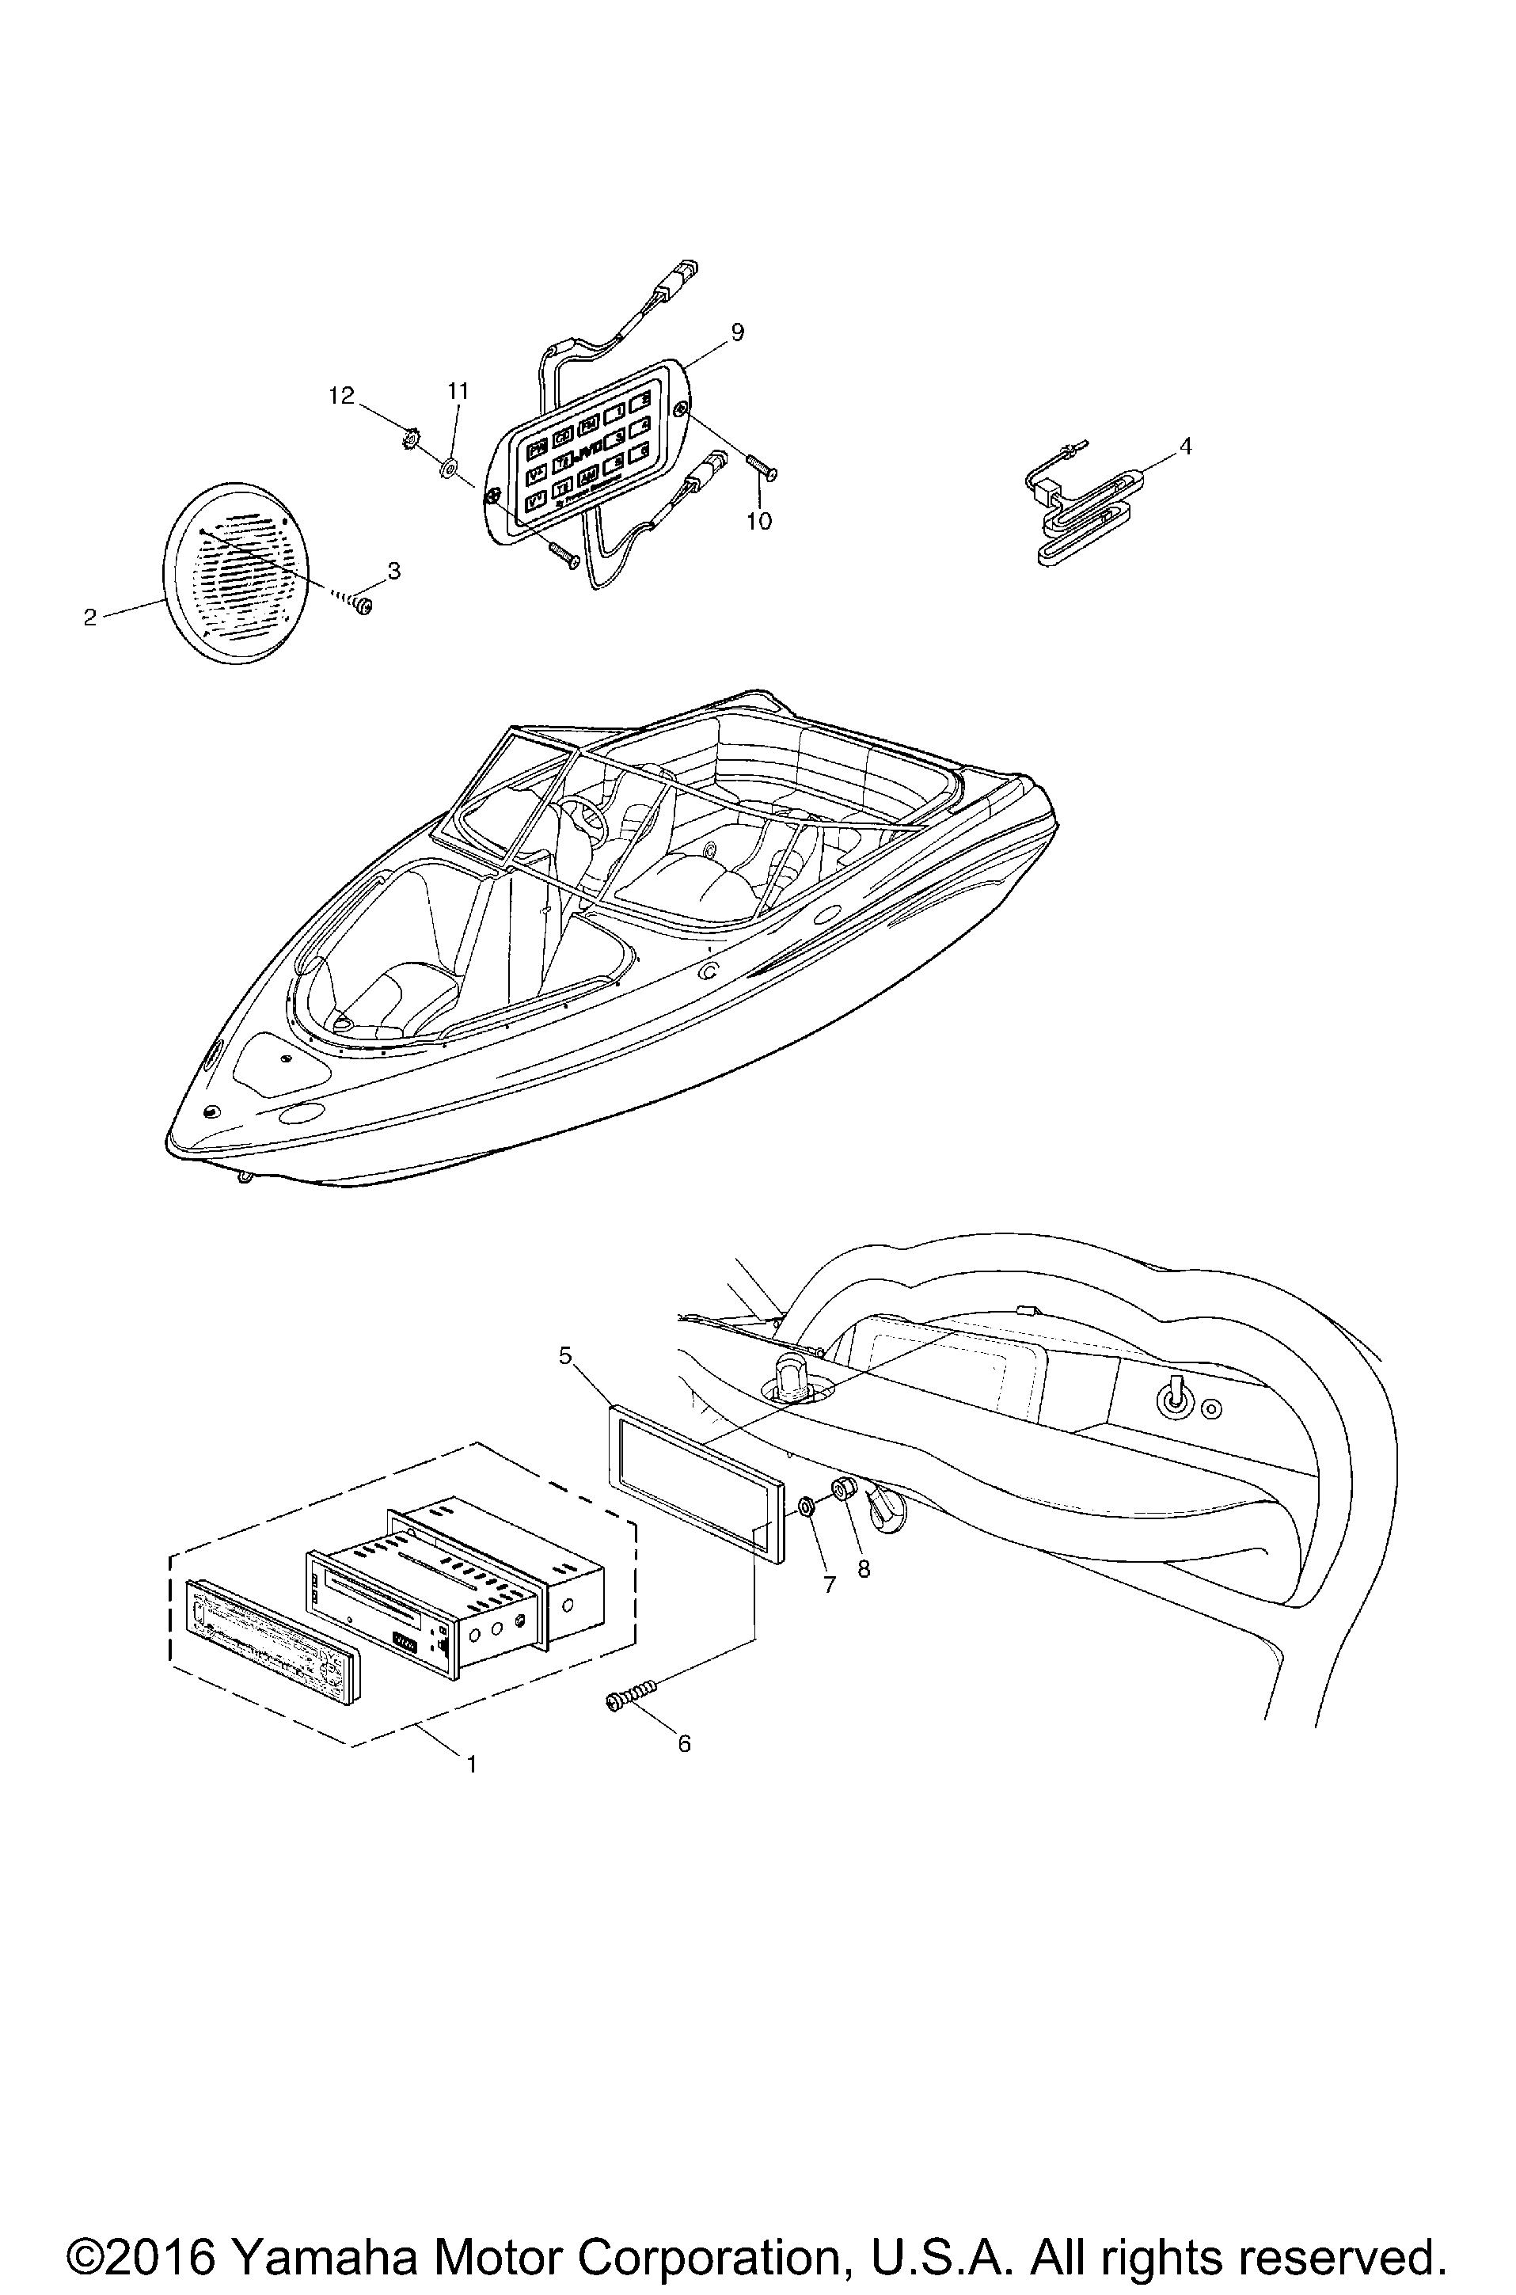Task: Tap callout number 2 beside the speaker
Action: click(90, 617)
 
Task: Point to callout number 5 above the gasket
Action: click(565, 1356)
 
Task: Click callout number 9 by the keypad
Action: click(738, 332)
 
